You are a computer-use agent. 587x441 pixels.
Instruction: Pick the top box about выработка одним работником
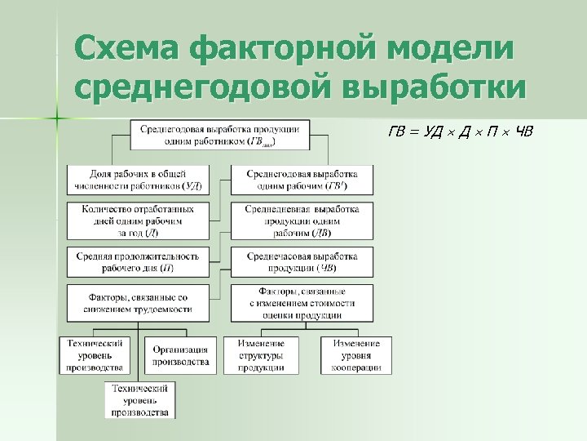pos(220,136)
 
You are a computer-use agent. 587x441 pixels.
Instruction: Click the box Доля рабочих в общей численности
pos(137,180)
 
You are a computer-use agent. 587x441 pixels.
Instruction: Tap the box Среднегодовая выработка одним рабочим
pos(302,180)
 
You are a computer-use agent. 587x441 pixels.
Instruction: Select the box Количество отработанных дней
pos(137,220)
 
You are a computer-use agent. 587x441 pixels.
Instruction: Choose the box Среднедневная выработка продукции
pos(302,220)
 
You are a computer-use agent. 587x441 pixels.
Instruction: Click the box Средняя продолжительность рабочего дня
pos(137,261)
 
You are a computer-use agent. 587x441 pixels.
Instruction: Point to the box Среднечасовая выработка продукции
pos(302,261)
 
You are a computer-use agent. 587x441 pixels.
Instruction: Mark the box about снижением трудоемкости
pos(137,303)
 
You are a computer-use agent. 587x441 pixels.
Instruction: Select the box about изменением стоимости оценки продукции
pos(302,303)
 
